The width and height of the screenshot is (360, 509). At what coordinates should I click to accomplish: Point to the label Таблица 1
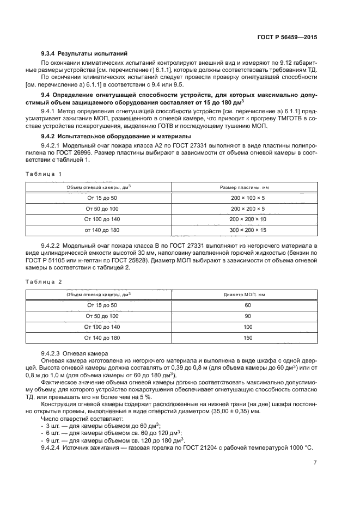[x=44, y=173]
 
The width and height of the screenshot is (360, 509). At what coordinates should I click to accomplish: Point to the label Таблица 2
[x=44, y=281]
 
